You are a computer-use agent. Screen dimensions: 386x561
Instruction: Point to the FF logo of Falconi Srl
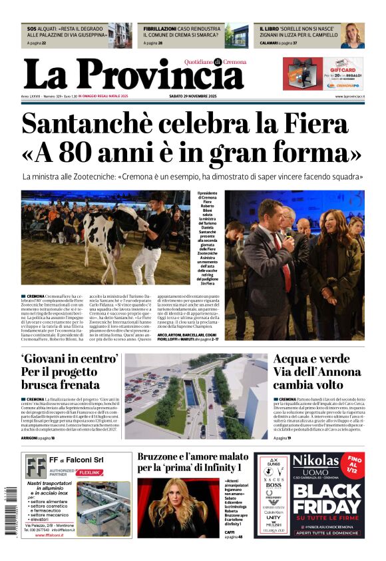36,467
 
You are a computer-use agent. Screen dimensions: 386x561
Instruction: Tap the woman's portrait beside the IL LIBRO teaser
352,36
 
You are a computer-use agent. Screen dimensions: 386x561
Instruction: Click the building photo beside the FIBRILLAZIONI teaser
236,36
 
